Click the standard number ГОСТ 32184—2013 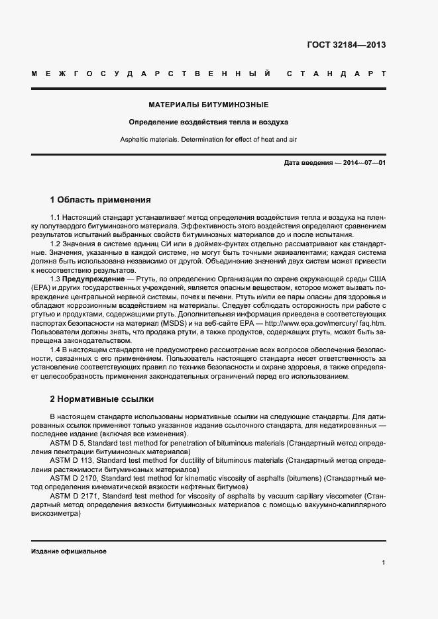pos(347,46)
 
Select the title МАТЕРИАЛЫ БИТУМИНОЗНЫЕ pos(208,105)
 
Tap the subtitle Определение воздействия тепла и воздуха pos(208,122)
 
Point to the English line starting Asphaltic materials pos(208,140)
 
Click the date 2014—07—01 pos(364,162)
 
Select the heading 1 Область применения pos(101,199)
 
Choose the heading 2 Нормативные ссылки pos(102,399)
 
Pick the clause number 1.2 pos(55,244)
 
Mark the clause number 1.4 pos(55,350)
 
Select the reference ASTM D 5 pos(66,443)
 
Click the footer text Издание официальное pos(69,551)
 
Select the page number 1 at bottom pos(383,563)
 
